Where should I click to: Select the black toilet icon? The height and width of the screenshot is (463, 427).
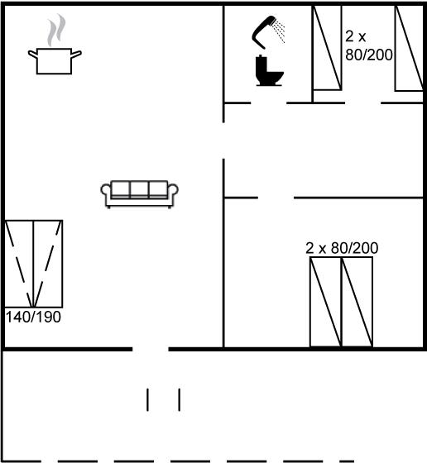click(x=268, y=71)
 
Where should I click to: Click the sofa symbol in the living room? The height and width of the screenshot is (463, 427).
click(x=139, y=194)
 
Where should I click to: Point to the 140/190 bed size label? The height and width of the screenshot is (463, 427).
click(x=33, y=317)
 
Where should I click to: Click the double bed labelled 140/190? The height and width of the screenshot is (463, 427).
click(x=33, y=264)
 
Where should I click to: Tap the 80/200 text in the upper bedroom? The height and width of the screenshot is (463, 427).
click(x=369, y=55)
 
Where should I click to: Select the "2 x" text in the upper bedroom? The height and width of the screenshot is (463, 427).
click(x=356, y=36)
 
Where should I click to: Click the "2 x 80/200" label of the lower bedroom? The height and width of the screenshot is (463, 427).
click(x=342, y=248)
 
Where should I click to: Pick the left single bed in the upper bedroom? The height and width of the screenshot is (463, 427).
click(x=327, y=47)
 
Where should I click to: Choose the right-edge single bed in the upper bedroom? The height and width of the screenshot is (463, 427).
click(x=410, y=48)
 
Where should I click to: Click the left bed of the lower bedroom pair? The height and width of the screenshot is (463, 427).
click(x=326, y=302)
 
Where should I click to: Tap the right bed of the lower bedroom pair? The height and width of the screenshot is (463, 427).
click(x=357, y=302)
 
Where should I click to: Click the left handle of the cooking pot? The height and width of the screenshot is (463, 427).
click(x=32, y=55)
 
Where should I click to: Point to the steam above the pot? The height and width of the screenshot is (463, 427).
click(x=56, y=30)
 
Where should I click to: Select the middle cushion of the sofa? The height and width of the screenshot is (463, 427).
click(x=139, y=189)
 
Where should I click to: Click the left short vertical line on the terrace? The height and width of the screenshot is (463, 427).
click(x=147, y=399)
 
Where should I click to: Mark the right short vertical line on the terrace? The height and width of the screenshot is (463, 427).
click(x=180, y=399)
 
